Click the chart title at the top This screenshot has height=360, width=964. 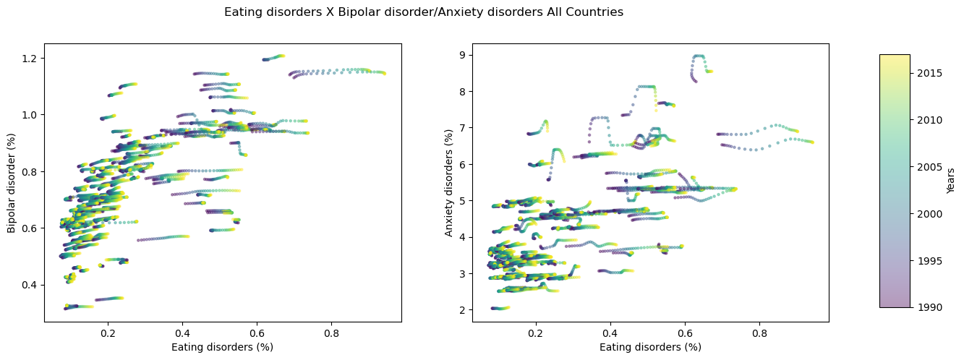[x=423, y=12]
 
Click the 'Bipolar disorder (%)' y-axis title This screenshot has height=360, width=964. [x=12, y=183]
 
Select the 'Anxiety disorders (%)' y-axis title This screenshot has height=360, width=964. [x=449, y=183]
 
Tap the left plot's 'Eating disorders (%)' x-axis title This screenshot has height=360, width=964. [x=222, y=347]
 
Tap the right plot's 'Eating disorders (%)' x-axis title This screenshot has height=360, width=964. [x=650, y=347]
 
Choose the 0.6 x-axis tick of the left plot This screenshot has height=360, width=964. [x=257, y=335]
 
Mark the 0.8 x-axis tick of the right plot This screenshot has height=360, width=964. [x=759, y=335]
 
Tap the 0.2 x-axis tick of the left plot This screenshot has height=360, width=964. [x=108, y=335]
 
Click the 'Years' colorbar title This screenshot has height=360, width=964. [x=951, y=181]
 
